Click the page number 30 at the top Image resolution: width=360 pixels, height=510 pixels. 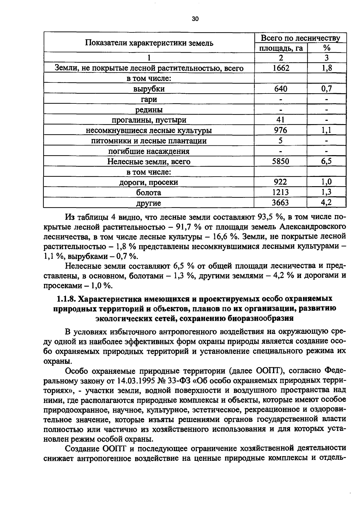pyautogui.click(x=195, y=19)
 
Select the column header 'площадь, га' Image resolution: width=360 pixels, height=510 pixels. pyautogui.click(x=281, y=48)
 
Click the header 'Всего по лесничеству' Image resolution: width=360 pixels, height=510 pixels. pyautogui.click(x=300, y=38)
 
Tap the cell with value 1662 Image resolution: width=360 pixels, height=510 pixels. pyautogui.click(x=281, y=68)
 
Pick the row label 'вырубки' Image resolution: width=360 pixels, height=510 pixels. pyautogui.click(x=149, y=89)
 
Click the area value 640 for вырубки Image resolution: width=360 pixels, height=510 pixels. pyautogui.click(x=281, y=89)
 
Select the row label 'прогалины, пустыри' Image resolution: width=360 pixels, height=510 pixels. pyautogui.click(x=149, y=120)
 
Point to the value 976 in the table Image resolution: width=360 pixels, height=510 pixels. pyautogui.click(x=281, y=130)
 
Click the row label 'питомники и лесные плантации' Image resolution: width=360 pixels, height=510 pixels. pyautogui.click(x=149, y=141)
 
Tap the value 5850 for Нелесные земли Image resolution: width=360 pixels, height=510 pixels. pyautogui.click(x=280, y=162)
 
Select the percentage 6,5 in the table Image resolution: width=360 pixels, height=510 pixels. pyautogui.click(x=326, y=162)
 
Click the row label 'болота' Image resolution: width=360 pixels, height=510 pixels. pyautogui.click(x=148, y=193)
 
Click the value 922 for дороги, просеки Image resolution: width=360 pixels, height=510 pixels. pyautogui.click(x=280, y=182)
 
